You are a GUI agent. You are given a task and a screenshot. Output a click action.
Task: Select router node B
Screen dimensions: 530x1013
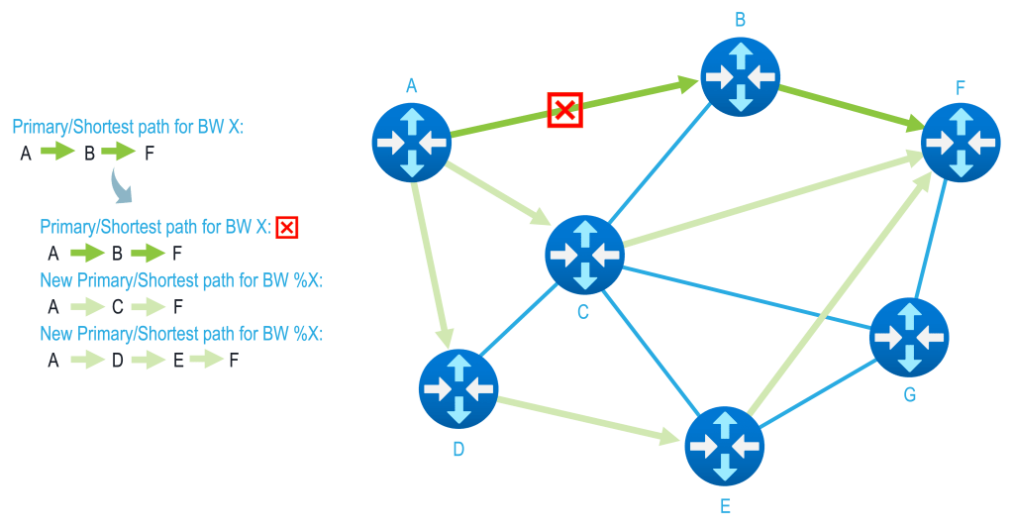(x=741, y=74)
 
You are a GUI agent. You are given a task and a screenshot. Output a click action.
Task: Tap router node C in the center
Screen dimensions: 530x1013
(x=584, y=255)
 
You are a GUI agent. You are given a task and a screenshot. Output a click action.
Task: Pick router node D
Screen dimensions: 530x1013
(x=458, y=388)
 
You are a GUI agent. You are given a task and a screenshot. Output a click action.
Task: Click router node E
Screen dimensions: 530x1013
(x=725, y=445)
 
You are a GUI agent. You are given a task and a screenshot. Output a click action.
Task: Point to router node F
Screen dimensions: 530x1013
(x=961, y=143)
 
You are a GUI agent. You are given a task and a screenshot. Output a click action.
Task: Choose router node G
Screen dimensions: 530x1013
(x=909, y=337)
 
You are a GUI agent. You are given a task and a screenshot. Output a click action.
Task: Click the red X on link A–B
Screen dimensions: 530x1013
(x=564, y=110)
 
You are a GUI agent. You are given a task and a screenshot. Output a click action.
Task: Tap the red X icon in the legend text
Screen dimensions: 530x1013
(x=287, y=227)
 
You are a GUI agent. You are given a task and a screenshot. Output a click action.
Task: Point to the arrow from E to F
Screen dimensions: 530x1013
(x=842, y=287)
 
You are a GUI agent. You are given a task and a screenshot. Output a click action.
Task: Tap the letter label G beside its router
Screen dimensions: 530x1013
(x=910, y=397)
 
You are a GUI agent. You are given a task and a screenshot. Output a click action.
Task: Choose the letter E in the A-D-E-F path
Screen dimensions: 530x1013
(x=178, y=361)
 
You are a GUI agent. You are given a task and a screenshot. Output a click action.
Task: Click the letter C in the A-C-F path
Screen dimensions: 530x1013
(x=117, y=306)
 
